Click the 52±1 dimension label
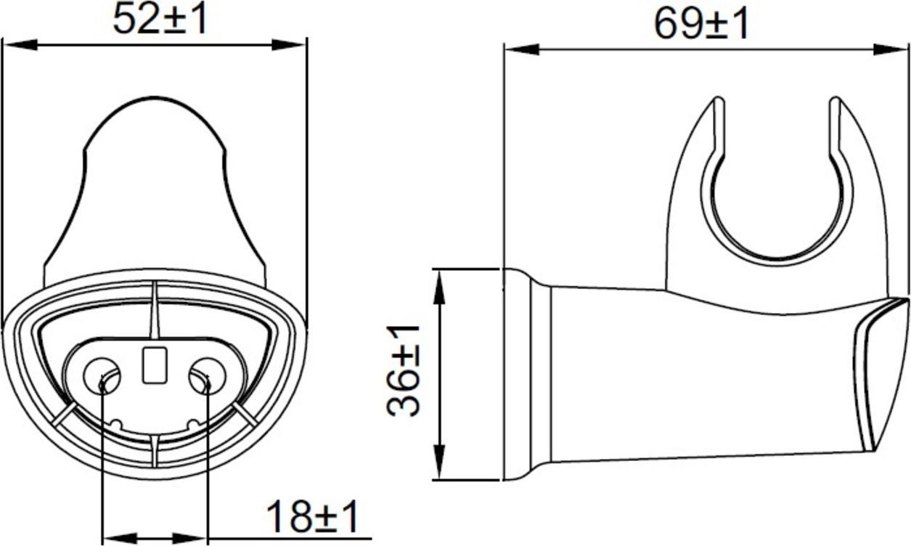click(160, 20)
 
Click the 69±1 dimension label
click(700, 24)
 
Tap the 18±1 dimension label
click(313, 517)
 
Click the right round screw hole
click(205, 374)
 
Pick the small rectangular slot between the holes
click(153, 365)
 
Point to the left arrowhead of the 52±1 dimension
click(18, 45)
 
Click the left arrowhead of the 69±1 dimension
click(521, 49)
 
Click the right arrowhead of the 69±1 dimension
click(891, 49)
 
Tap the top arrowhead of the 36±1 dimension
click(439, 285)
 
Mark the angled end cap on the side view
click(882, 370)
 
